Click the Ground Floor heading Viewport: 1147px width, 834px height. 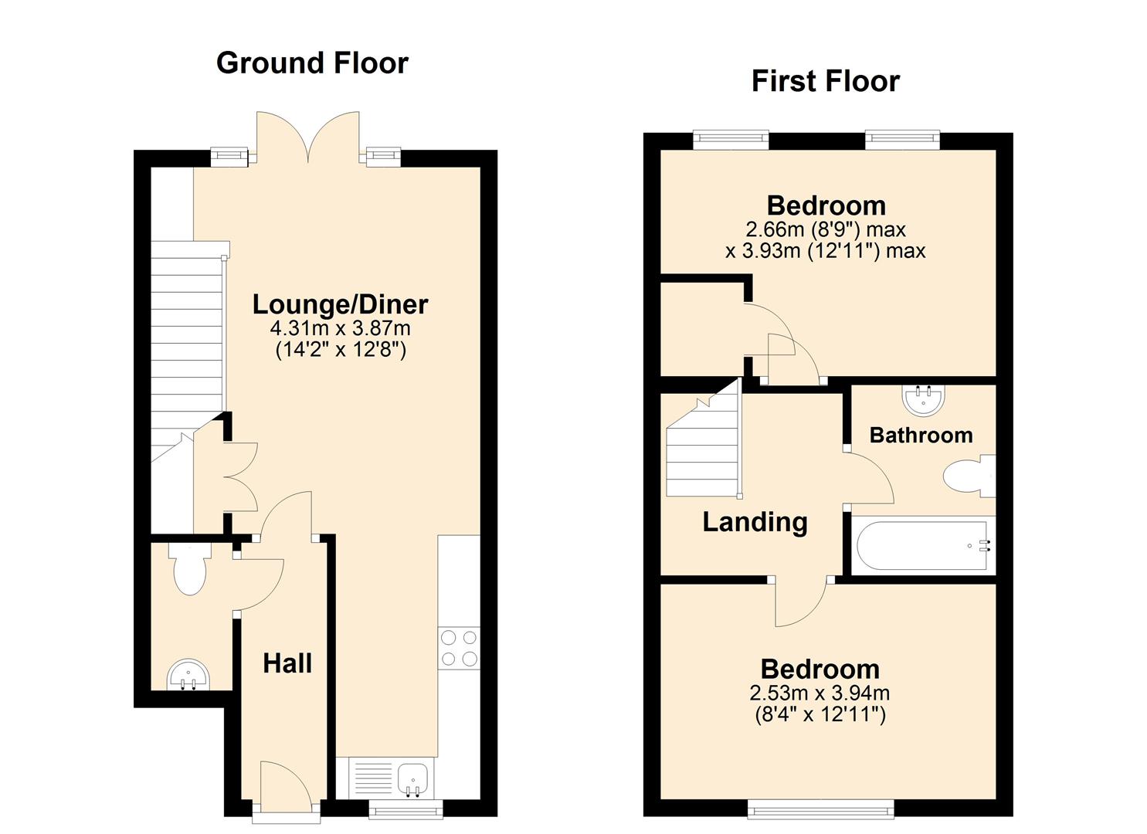coord(312,63)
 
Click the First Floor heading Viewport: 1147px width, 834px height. coord(825,81)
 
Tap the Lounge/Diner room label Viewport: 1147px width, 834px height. coord(340,304)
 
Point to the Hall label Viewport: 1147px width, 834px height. coord(287,663)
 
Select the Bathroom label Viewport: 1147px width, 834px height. coord(921,436)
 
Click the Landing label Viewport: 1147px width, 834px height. coord(755,522)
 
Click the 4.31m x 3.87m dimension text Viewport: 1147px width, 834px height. coord(340,328)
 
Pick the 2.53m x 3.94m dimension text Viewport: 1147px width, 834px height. coord(820,693)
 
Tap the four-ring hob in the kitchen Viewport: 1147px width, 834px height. coord(458,648)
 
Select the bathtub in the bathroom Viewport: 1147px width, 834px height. coord(921,545)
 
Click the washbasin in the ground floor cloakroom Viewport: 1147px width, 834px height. coord(188,673)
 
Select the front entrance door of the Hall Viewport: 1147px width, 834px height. coord(285,788)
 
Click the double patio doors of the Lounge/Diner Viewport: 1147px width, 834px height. coord(309,137)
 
